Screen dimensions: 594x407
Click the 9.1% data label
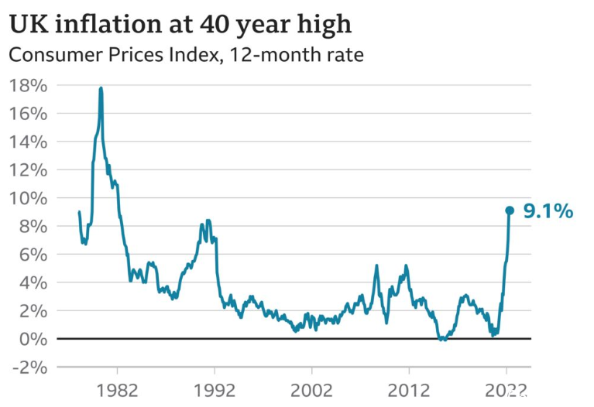[548, 211]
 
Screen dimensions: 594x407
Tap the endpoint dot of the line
[510, 210]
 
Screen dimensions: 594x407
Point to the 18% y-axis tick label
[29, 86]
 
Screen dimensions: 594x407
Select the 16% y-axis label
[29, 114]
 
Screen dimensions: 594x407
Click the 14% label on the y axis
[29, 142]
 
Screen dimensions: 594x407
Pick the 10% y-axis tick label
[29, 198]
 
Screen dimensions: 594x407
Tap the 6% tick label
[33, 255]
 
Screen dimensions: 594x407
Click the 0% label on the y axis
[33, 339]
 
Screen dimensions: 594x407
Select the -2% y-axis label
[30, 368]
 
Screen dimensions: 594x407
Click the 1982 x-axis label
[118, 390]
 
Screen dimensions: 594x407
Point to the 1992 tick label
[215, 390]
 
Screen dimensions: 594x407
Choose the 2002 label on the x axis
[312, 390]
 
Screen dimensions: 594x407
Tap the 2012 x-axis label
[409, 390]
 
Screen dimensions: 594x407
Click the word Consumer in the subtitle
[56, 55]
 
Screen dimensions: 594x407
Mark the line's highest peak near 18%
[101, 88]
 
